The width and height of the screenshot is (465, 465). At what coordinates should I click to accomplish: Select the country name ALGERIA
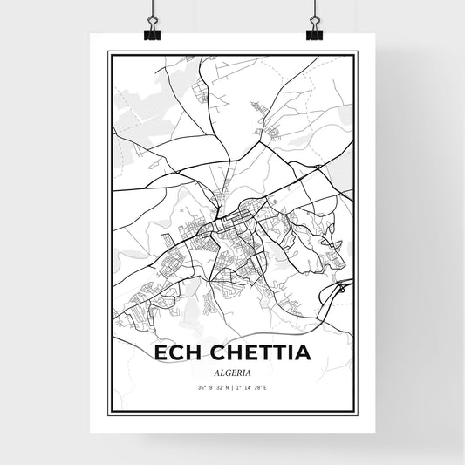(232, 370)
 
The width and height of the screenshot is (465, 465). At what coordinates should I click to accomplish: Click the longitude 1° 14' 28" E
(253, 386)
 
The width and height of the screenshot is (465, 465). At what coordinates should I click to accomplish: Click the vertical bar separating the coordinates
(232, 386)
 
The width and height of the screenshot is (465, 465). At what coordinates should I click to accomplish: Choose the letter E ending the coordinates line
(267, 386)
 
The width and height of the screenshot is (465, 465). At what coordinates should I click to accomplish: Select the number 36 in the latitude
(200, 386)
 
